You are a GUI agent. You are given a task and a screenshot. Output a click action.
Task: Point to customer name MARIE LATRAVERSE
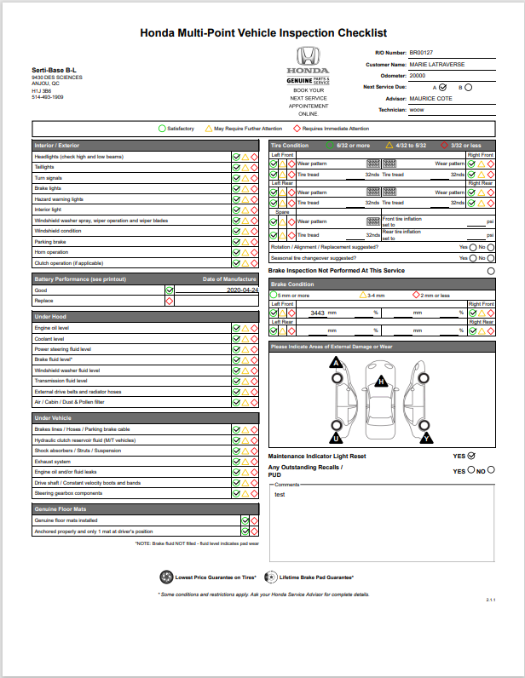pos(436,64)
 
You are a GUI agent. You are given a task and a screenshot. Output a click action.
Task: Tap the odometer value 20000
pos(418,75)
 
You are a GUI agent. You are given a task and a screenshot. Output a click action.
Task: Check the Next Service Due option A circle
pos(443,86)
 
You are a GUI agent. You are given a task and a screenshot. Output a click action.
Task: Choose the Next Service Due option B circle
pos(469,86)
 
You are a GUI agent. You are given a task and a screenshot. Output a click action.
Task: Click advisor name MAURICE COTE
pos(430,98)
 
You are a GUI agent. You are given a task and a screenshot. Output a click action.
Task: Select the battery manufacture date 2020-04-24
pos(243,290)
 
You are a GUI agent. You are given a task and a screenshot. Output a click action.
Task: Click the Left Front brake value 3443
pos(317,313)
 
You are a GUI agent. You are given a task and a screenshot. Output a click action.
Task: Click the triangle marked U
pos(337,439)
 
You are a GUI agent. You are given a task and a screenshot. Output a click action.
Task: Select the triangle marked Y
pos(426,439)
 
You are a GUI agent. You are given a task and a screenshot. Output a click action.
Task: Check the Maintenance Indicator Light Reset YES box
pos(471,456)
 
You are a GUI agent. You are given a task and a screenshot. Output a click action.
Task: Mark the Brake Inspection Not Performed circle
pos(490,271)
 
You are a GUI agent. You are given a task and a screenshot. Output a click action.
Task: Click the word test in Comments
pos(280,493)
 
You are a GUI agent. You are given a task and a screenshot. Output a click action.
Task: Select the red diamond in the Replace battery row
pos(170,301)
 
